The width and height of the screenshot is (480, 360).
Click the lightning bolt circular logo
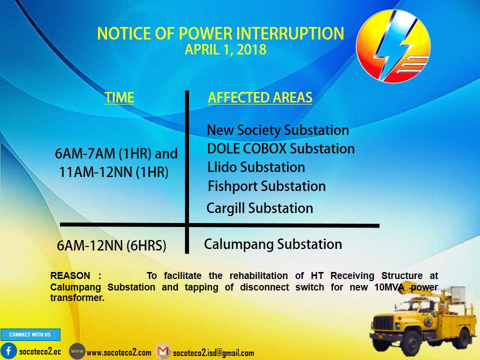(x=393, y=46)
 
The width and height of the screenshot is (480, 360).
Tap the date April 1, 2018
(x=225, y=49)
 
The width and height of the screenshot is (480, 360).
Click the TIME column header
(x=119, y=97)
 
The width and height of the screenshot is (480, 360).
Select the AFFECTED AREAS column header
(x=260, y=97)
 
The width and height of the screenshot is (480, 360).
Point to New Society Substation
(x=278, y=130)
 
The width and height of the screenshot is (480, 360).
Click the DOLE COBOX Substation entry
(x=280, y=148)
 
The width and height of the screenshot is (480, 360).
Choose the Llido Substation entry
(x=256, y=167)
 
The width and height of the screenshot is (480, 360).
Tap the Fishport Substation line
(x=266, y=186)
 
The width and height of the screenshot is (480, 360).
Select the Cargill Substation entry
(x=259, y=208)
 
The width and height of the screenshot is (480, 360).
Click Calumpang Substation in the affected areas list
(x=273, y=244)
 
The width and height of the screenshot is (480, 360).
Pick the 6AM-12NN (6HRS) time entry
(x=111, y=245)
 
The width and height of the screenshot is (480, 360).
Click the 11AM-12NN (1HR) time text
(x=113, y=172)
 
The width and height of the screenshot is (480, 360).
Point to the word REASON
(x=70, y=275)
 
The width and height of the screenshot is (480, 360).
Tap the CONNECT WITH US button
(x=30, y=334)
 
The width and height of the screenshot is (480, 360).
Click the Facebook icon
(x=8, y=351)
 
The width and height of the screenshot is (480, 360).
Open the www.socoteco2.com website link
(x=119, y=352)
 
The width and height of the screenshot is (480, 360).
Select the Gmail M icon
(x=163, y=351)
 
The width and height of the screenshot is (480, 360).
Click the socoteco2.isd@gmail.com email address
(x=213, y=353)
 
